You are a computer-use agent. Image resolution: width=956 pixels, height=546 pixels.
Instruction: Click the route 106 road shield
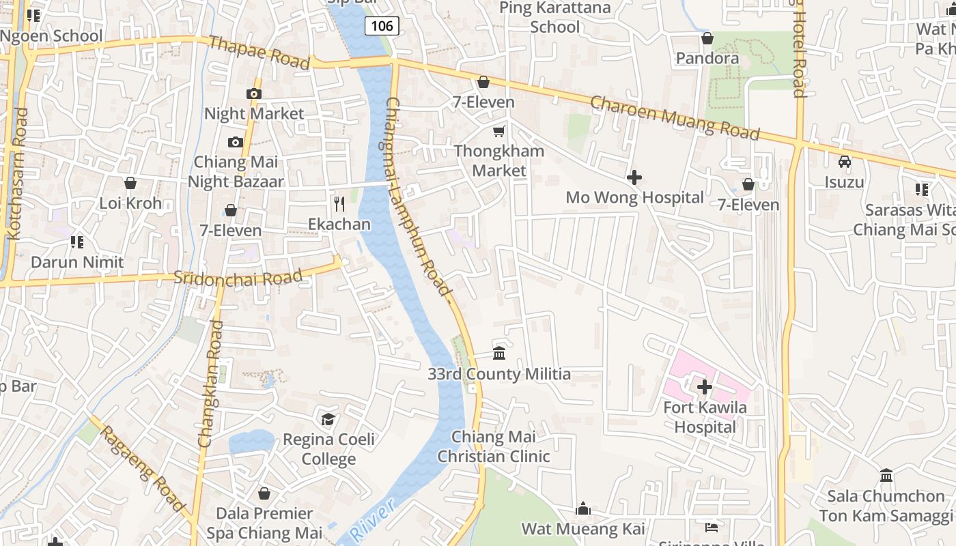tap(382, 26)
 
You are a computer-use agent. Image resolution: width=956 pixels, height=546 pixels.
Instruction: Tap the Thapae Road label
tap(259, 53)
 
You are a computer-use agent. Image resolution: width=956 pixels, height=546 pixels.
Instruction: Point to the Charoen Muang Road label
tap(675, 118)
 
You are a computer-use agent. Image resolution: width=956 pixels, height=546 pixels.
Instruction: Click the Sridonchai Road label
tap(238, 278)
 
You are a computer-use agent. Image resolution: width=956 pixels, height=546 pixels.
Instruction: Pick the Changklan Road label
tap(212, 384)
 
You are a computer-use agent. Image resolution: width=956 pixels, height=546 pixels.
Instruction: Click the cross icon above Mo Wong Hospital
tap(634, 177)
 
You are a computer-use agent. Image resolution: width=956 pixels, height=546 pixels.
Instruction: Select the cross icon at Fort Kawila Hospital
tap(705, 387)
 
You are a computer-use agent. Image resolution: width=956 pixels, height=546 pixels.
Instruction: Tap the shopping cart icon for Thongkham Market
tap(499, 131)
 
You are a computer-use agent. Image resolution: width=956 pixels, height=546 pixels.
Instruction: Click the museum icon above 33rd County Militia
tap(499, 354)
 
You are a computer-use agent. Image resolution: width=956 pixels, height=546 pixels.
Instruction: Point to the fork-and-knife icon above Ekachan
tap(339, 203)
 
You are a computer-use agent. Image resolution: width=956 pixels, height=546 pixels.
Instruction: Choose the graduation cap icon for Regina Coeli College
tap(328, 418)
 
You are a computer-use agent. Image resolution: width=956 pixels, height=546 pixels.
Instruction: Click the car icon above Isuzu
tap(845, 162)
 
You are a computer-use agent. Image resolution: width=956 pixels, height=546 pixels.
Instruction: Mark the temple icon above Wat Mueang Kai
tap(583, 508)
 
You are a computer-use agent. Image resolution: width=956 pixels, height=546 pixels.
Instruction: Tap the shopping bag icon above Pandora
tap(707, 38)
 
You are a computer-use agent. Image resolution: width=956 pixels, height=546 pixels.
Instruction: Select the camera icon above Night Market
tap(254, 94)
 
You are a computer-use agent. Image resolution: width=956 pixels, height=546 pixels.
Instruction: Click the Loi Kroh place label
tap(130, 203)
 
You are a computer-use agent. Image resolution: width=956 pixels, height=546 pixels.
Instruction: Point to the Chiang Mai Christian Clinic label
tap(493, 446)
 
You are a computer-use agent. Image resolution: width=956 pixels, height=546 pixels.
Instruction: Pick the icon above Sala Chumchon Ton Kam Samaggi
tap(886, 475)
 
